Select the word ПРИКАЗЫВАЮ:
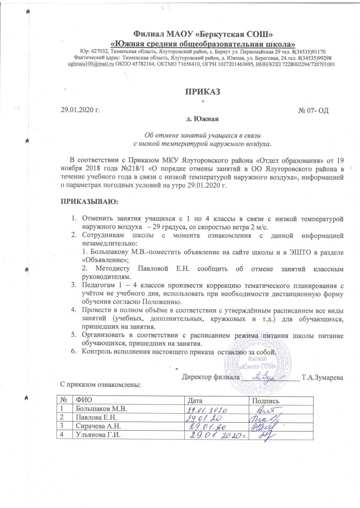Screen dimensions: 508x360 coord(89,202)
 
